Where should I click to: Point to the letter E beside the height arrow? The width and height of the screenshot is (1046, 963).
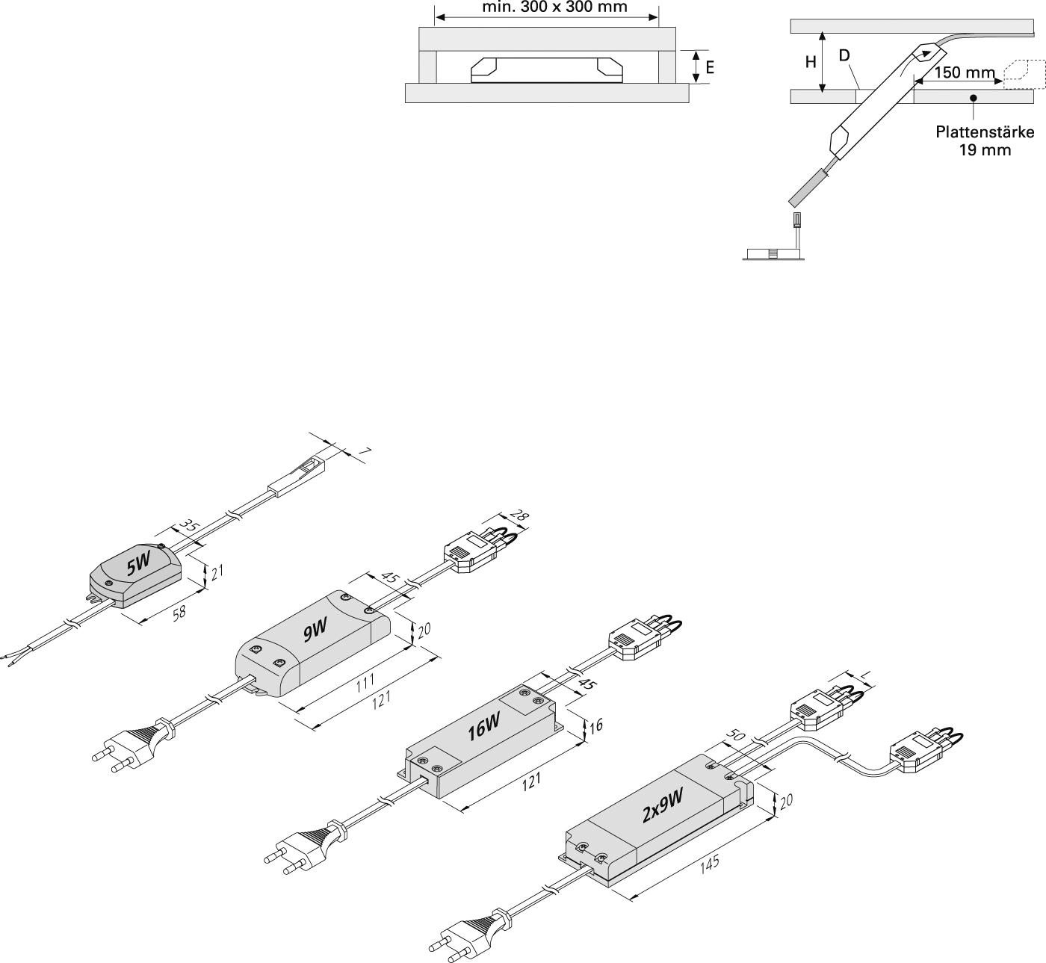710,68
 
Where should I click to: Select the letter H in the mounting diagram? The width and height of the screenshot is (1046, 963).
810,63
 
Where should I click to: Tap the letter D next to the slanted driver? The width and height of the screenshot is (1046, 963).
844,56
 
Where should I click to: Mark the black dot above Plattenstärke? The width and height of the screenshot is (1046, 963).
974,97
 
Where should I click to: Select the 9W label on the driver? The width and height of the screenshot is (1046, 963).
315,631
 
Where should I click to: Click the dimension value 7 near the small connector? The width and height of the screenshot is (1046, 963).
362,453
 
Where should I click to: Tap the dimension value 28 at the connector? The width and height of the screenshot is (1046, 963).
516,515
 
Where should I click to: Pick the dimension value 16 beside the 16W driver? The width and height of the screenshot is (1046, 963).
595,725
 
